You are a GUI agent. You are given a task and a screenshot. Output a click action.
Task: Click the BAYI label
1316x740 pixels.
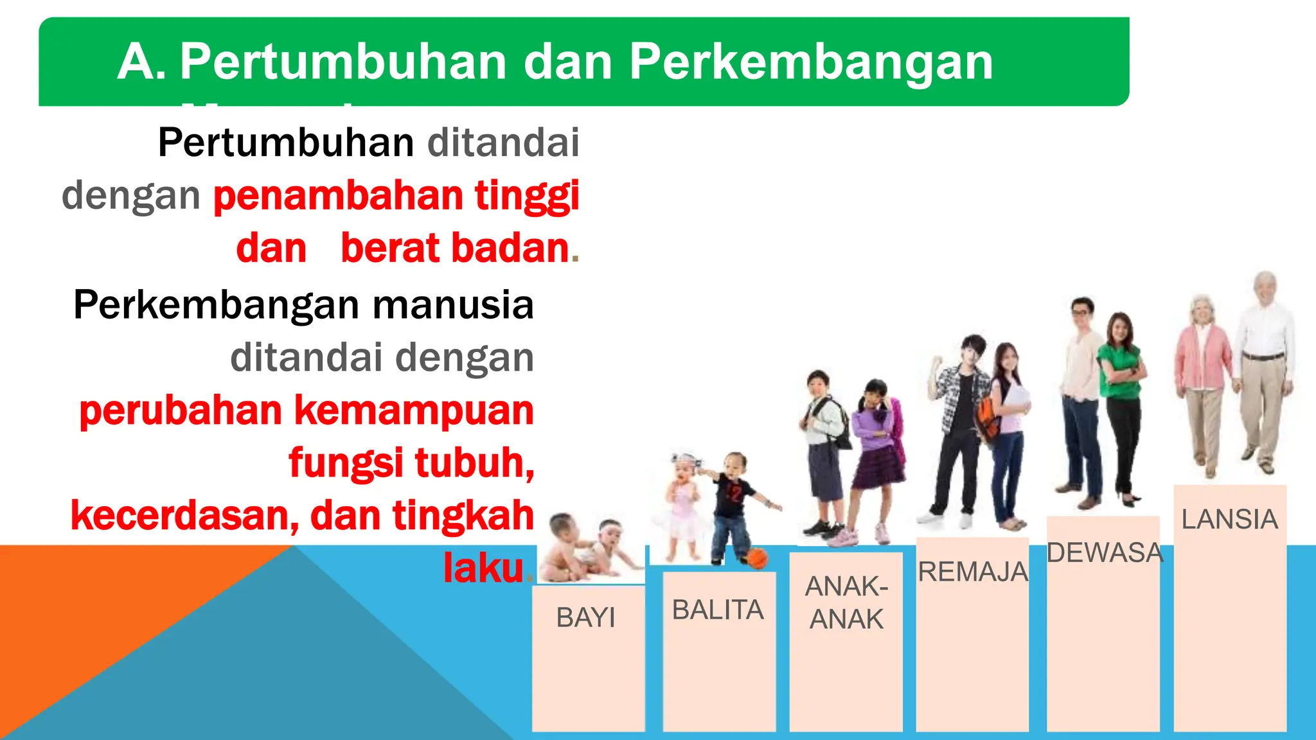(585, 618)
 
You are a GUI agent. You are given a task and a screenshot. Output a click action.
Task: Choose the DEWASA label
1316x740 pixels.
(1105, 552)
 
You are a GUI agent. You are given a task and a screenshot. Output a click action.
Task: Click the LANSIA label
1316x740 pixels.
(1229, 519)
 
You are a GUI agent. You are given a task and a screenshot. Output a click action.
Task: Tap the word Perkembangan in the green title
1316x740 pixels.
(811, 62)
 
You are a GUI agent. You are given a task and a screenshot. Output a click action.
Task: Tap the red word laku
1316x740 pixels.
(483, 568)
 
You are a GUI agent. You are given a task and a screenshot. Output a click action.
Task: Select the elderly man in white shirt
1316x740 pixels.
(1263, 366)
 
